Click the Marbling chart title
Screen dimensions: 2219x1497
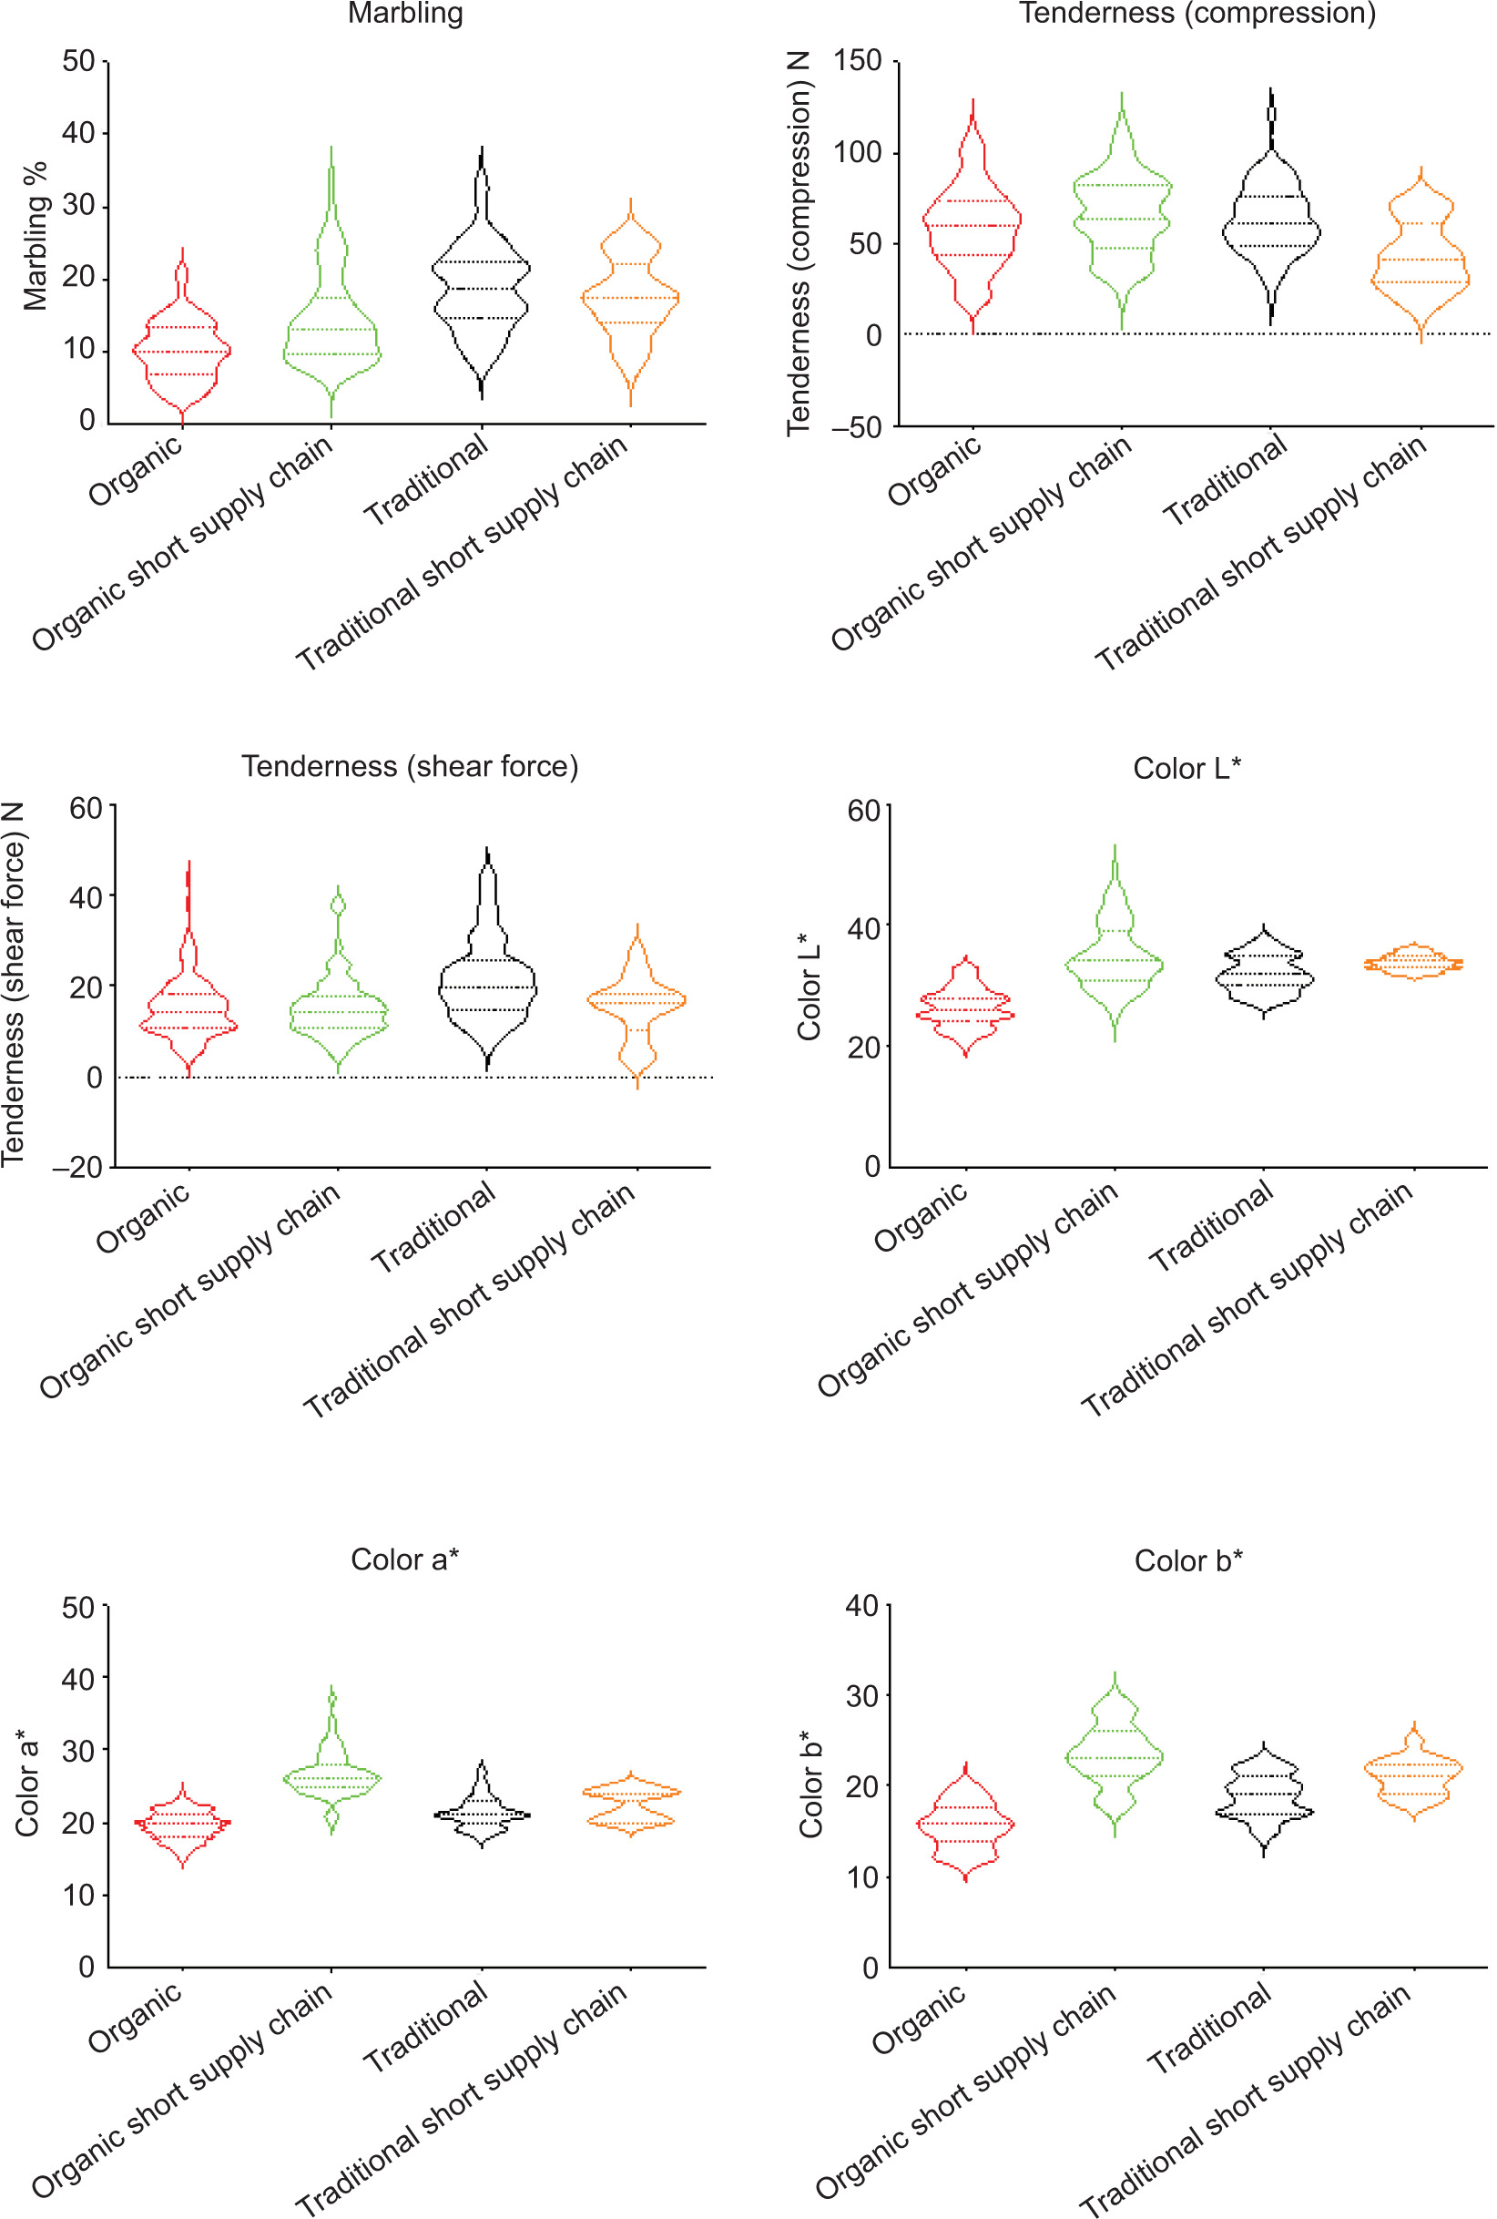pos(406,14)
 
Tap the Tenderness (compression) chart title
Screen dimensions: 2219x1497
pos(1197,14)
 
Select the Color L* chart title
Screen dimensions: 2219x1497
pos(1186,768)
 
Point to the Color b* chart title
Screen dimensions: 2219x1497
pos(1187,1560)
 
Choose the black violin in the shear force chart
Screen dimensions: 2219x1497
pos(488,987)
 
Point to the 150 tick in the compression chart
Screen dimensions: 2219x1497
pos(858,62)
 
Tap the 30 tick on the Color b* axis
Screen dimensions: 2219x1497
pos(862,1697)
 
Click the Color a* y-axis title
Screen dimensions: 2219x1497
pos(26,1785)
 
